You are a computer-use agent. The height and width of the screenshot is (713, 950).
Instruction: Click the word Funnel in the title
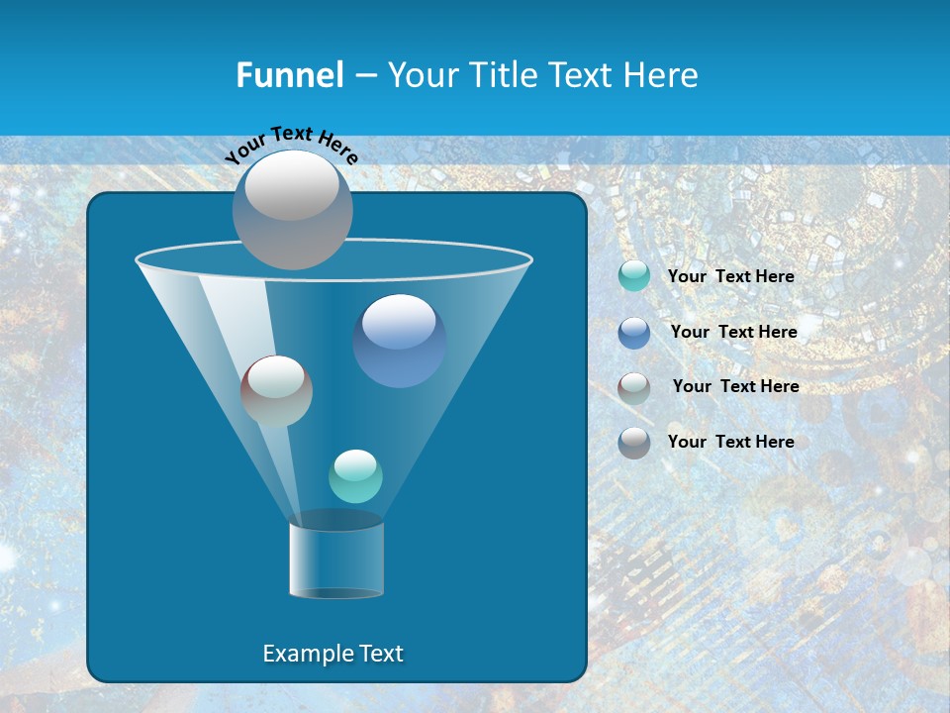tap(289, 75)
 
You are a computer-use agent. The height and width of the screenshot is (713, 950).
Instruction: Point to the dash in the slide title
tap(365, 75)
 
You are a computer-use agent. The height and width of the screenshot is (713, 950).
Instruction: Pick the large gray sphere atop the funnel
tap(293, 209)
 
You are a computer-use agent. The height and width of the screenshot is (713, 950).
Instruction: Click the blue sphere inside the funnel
tap(400, 341)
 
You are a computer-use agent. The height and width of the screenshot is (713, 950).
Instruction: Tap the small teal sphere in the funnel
tap(355, 476)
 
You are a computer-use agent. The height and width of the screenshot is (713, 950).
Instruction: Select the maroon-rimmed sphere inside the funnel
tap(276, 391)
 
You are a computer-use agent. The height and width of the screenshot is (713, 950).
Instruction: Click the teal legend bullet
tap(634, 276)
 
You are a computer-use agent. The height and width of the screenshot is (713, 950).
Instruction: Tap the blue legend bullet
tap(634, 333)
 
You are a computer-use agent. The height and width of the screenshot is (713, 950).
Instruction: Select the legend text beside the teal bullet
tap(731, 276)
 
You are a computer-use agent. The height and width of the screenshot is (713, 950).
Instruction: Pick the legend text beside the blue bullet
tap(734, 332)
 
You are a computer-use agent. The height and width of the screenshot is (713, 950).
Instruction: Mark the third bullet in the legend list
tap(634, 387)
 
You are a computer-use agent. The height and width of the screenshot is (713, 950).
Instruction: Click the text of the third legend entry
tap(736, 386)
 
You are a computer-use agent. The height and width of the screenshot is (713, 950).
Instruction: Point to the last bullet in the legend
tap(634, 443)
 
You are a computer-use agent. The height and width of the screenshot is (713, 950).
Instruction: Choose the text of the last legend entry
tap(731, 442)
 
